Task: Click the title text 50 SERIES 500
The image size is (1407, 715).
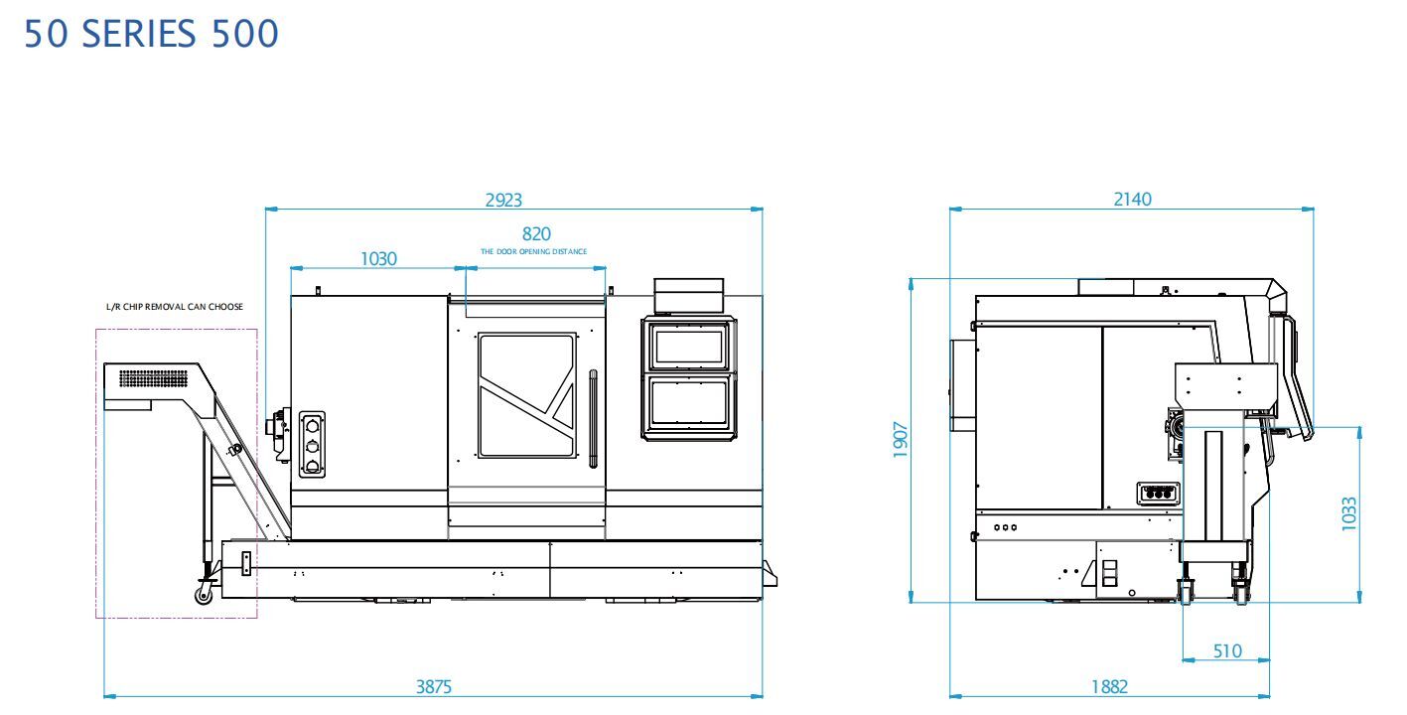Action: tap(151, 34)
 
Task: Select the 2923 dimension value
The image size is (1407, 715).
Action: tap(503, 200)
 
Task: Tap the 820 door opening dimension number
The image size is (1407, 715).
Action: tap(536, 233)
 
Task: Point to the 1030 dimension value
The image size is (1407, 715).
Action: tap(378, 259)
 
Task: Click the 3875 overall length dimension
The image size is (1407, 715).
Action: tap(433, 687)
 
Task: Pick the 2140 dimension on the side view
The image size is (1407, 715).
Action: tap(1133, 200)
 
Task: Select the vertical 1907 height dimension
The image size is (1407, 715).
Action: tap(901, 440)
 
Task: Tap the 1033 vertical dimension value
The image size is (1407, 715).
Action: tap(1349, 514)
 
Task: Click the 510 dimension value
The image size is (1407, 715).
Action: tap(1227, 650)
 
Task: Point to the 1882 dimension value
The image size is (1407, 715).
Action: tap(1109, 687)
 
